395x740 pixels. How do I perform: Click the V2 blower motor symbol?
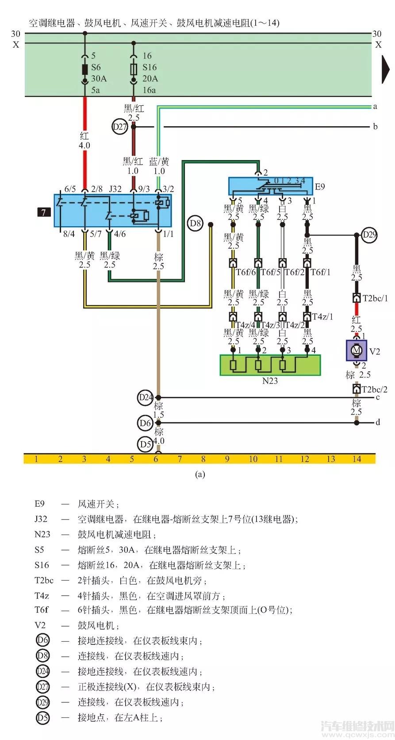coord(356,351)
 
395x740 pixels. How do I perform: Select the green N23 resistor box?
coord(270,365)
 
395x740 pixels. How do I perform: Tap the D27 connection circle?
coord(119,127)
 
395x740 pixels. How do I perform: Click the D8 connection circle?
coord(196,224)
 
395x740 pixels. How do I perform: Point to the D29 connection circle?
coord(369,235)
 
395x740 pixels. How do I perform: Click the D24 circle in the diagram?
coord(146,397)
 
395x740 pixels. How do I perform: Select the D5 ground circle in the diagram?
coord(146,443)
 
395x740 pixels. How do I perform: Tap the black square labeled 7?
coord(43,212)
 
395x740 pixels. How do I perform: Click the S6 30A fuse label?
coord(99,73)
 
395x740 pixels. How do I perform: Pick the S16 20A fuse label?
coord(150,73)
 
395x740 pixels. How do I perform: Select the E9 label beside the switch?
coord(319,186)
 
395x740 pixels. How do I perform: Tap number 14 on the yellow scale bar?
coord(357,459)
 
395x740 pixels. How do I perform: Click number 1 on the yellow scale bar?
coord(37,459)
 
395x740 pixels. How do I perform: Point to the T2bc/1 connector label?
coord(375,298)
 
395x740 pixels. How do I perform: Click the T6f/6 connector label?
coord(245,272)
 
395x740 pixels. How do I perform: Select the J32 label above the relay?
coord(115,189)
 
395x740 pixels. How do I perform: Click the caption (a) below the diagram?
coord(200,474)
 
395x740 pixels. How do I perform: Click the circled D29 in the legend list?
coord(43,702)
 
